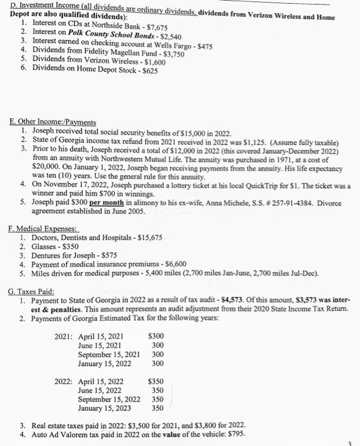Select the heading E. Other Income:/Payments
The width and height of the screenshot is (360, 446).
pos(53,122)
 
